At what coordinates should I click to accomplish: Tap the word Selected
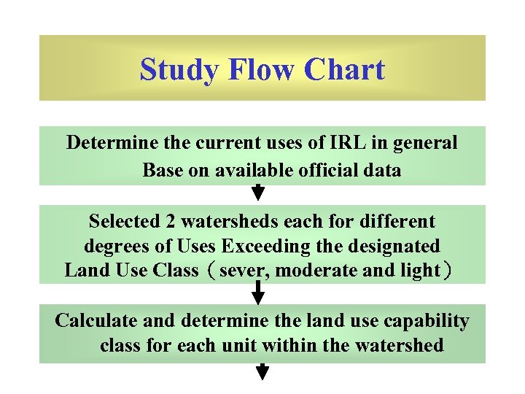[x=132, y=221]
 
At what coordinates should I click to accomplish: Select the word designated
[x=398, y=246]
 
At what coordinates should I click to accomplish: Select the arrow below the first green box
[x=258, y=192]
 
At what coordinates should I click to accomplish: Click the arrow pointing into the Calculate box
[x=258, y=293]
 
